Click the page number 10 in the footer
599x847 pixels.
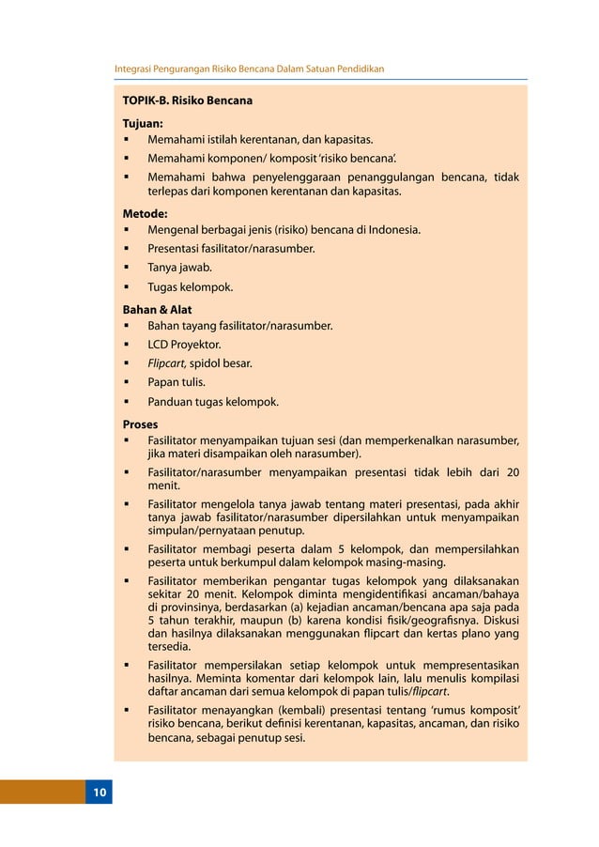99,793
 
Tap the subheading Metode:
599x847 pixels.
146,213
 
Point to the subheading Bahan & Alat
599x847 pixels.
157,309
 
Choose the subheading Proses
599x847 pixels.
141,423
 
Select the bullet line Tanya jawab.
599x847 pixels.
179,268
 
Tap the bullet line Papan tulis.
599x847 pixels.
177,383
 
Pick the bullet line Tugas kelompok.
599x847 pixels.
190,287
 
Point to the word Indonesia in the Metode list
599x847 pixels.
392,230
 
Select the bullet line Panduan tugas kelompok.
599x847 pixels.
212,402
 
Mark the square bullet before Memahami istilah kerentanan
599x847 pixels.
126,140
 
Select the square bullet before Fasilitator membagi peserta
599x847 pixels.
126,549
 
